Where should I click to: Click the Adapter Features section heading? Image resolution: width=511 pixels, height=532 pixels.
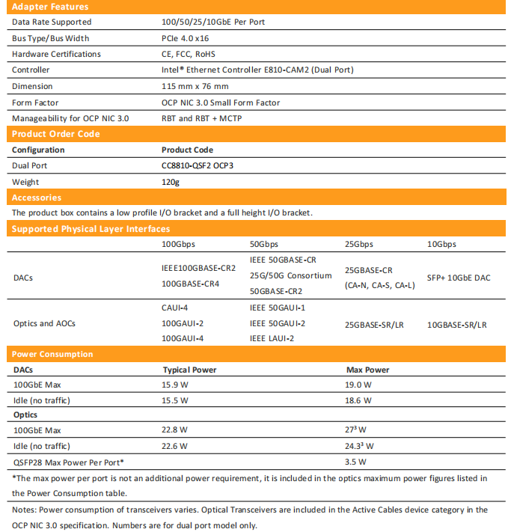pyautogui.click(x=51, y=7)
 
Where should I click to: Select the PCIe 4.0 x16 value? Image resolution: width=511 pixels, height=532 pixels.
pyautogui.click(x=185, y=38)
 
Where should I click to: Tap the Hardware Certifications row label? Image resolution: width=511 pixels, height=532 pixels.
pyautogui.click(x=56, y=54)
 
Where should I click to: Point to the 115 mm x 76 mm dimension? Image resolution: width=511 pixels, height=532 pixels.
pyautogui.click(x=193, y=86)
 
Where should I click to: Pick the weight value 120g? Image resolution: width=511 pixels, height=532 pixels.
pyautogui.click(x=171, y=182)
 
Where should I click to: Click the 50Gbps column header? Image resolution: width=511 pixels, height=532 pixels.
pyautogui.click(x=264, y=245)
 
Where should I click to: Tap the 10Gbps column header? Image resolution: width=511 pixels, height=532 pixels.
pyautogui.click(x=441, y=245)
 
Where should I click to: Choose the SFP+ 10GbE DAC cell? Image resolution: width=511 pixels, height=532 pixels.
pyautogui.click(x=459, y=278)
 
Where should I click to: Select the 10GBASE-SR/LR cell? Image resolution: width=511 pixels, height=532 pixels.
pyautogui.click(x=456, y=325)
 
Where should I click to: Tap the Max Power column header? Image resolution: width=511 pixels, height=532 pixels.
pyautogui.click(x=367, y=370)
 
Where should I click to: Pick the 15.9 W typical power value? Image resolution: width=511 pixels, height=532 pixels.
pyautogui.click(x=175, y=385)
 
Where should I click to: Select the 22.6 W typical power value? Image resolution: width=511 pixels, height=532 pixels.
pyautogui.click(x=175, y=446)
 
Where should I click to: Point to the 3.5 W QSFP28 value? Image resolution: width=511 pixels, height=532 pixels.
pyautogui.click(x=355, y=462)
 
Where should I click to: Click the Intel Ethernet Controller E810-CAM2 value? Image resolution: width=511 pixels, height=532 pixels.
pyautogui.click(x=257, y=70)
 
